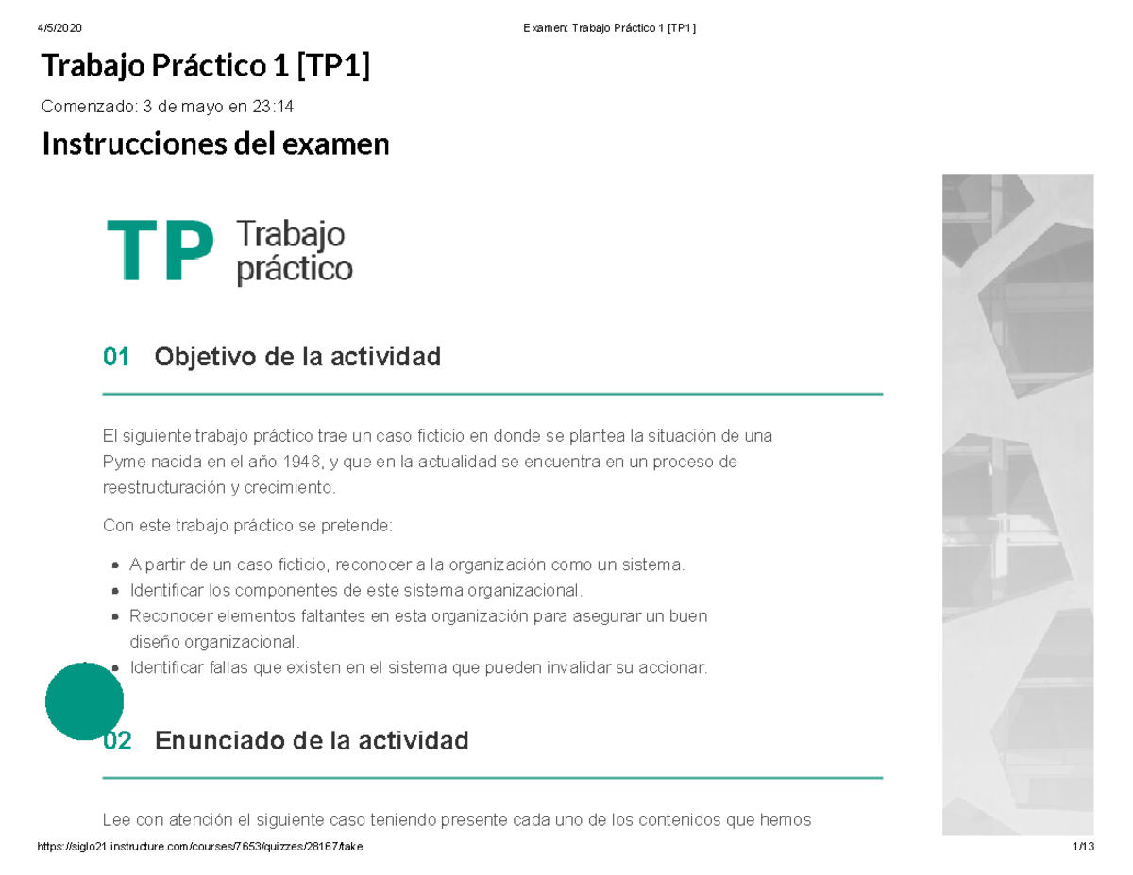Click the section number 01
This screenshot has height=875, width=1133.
pos(116,358)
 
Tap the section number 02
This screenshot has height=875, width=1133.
pos(117,741)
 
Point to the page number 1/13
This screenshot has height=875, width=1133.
pos(1082,847)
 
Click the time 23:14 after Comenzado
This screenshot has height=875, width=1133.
pos(273,107)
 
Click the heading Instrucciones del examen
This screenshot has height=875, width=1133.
pos(215,144)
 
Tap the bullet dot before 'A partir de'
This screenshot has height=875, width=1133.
pos(114,565)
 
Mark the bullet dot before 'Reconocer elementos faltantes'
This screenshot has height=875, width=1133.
pos(114,616)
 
